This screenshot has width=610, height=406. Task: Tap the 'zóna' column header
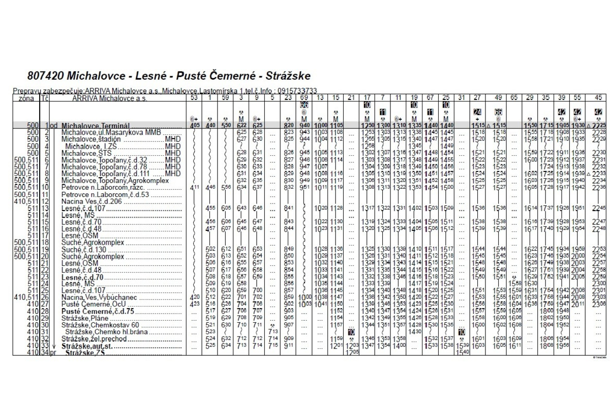[26, 98]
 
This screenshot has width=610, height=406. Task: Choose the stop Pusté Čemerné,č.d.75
[98, 311]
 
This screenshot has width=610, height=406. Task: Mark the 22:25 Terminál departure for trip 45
[598, 125]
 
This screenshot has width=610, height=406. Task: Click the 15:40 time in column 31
[462, 352]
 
